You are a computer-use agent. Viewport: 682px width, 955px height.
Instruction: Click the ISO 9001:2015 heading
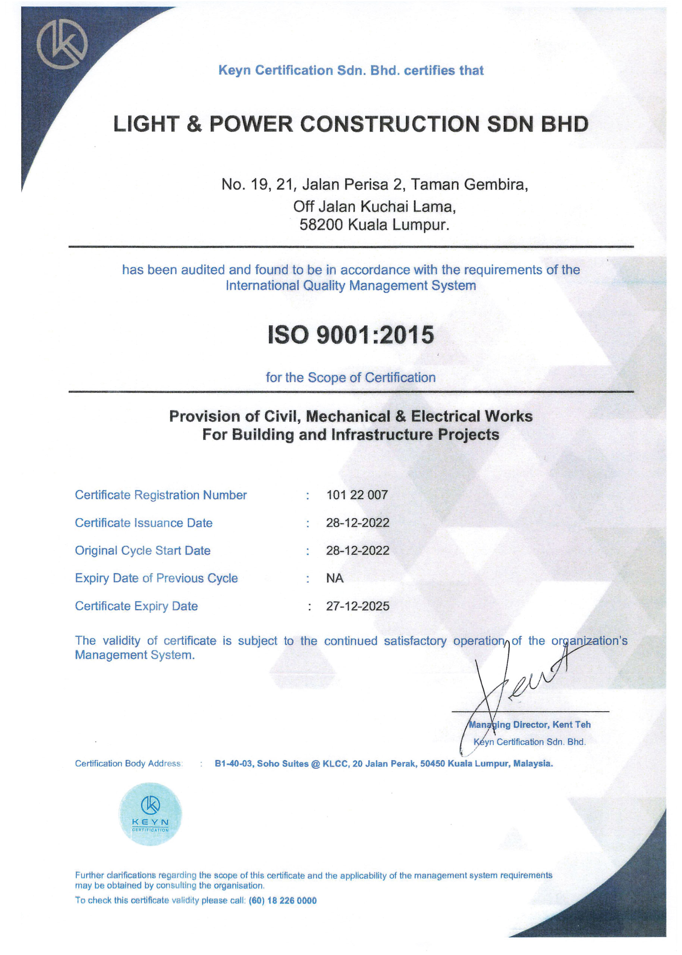[x=351, y=335]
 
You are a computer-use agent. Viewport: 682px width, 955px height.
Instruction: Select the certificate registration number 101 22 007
[x=357, y=495]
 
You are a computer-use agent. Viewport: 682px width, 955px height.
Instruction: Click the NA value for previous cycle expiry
[x=335, y=578]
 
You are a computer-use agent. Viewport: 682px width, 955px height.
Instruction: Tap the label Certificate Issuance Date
[x=144, y=523]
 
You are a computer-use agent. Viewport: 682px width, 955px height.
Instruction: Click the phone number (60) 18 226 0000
[x=283, y=901]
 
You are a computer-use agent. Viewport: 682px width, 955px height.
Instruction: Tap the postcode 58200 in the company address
[x=322, y=225]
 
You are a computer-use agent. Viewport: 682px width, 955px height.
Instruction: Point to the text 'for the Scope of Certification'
[x=351, y=377]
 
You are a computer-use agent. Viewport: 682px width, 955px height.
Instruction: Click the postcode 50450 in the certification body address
[x=432, y=763]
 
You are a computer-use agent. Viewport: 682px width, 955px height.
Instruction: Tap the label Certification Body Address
[x=129, y=763]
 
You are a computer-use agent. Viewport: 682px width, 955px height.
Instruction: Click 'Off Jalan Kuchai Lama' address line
[x=374, y=206]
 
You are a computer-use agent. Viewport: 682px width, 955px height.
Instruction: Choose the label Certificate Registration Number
[x=161, y=495]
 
